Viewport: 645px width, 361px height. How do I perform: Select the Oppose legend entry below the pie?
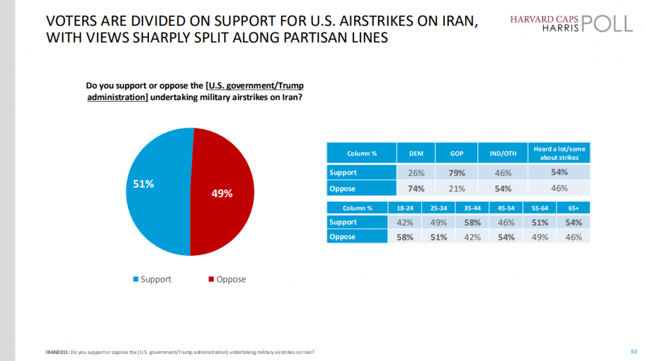tap(227, 279)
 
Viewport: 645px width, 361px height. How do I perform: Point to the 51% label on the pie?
tap(143, 184)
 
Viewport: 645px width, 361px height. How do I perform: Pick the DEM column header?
tap(417, 153)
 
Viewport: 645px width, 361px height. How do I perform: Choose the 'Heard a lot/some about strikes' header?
tap(559, 153)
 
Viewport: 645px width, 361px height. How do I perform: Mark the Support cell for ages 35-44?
tap(471, 222)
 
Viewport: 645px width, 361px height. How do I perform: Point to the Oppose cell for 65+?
tap(573, 237)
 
